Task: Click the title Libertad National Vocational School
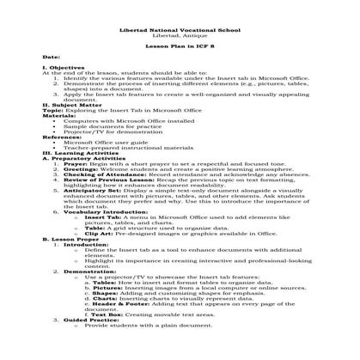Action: (x=180, y=28)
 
